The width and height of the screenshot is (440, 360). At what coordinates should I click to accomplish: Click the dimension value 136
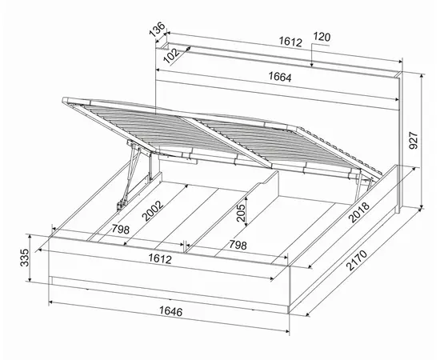click(157, 30)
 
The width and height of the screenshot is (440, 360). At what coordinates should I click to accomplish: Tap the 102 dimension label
click(171, 56)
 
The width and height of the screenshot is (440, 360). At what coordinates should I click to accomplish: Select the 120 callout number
click(322, 37)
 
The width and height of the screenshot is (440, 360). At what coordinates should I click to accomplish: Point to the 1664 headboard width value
click(280, 77)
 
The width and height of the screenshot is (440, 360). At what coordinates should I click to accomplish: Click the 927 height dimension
click(414, 140)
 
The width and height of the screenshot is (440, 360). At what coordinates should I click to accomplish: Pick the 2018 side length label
click(359, 213)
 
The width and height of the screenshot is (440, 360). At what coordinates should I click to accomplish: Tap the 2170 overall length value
click(356, 260)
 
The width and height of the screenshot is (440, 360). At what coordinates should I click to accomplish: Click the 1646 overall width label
click(171, 311)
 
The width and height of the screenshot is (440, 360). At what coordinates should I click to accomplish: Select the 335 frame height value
click(25, 258)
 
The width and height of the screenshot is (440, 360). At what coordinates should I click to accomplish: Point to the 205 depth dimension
click(241, 213)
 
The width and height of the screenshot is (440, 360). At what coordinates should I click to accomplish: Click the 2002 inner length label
click(152, 210)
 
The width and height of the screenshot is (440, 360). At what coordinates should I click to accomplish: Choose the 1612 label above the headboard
click(290, 42)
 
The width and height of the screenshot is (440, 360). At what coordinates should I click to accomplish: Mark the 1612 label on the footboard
click(160, 258)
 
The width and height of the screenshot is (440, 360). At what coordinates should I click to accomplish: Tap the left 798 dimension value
click(121, 230)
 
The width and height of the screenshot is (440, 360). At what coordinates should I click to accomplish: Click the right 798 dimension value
click(238, 245)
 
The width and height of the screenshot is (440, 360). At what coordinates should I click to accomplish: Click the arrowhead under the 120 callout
click(312, 65)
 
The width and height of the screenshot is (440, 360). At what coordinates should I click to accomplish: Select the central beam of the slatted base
click(226, 142)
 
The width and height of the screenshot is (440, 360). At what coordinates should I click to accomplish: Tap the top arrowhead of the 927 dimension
click(422, 76)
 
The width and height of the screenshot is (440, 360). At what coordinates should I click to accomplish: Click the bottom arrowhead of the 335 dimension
click(30, 279)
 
